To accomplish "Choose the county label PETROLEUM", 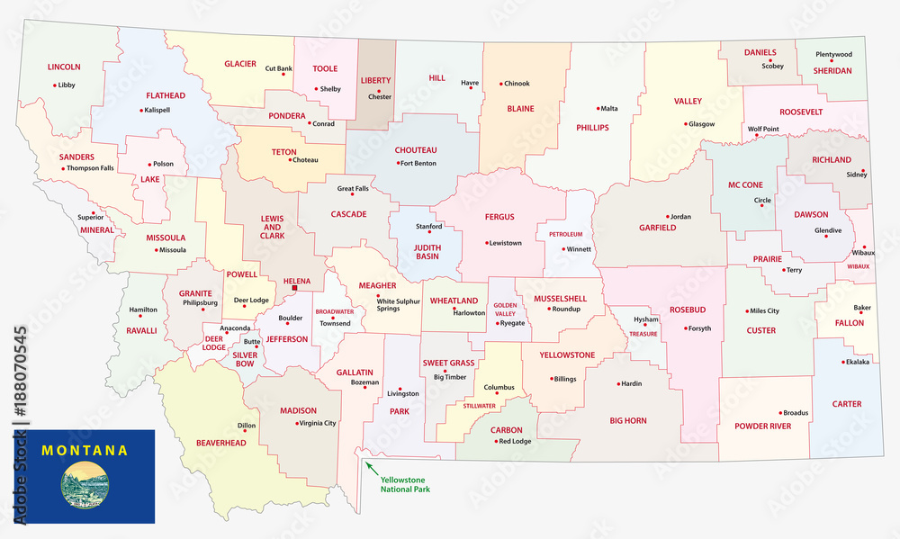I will point(566,235).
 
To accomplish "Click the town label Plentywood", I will point(833,54).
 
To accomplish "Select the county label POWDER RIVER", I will point(762,426).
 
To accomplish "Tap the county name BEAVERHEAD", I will point(208,443).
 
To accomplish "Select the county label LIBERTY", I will point(375,80).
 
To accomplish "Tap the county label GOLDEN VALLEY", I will point(504,310).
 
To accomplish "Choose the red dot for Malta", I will point(598,108).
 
